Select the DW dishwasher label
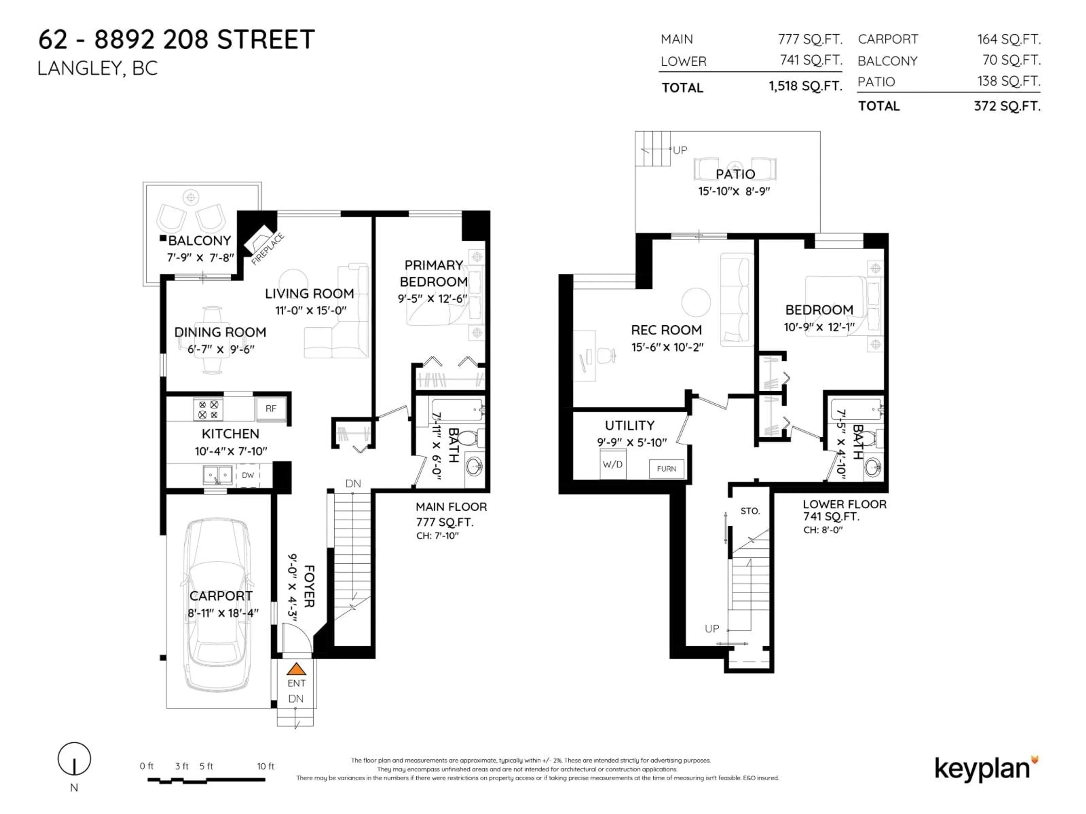click(248, 475)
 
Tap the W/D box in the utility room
click(612, 464)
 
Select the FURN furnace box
click(666, 469)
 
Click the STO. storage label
click(750, 511)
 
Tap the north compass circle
click(74, 759)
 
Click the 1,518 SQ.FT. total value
click(805, 86)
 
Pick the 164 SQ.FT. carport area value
click(1009, 39)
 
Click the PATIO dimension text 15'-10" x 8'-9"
click(734, 191)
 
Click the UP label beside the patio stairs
click(680, 150)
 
